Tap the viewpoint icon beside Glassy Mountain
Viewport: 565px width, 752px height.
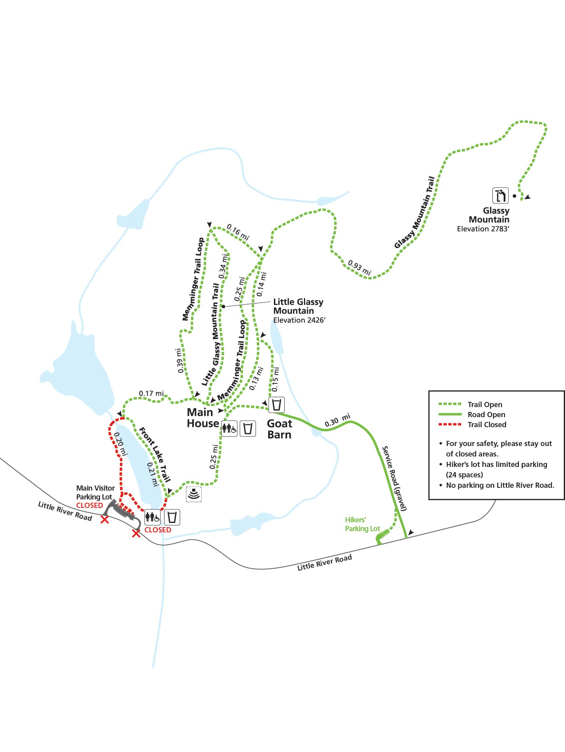click(x=500, y=196)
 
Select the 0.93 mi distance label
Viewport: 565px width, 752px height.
click(x=359, y=267)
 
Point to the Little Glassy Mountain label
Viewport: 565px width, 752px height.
click(x=298, y=306)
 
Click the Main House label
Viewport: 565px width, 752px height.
click(x=202, y=418)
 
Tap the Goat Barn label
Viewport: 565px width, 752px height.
click(x=279, y=429)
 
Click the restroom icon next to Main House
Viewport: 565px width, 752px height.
click(x=229, y=428)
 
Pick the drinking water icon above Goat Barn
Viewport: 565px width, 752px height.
click(x=276, y=405)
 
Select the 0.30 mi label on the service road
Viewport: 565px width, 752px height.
click(x=337, y=420)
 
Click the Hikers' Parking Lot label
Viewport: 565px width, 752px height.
click(x=362, y=524)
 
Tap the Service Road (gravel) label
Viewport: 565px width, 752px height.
click(x=394, y=478)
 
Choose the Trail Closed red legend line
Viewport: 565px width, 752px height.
click(x=450, y=424)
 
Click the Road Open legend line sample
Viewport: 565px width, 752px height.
click(x=450, y=414)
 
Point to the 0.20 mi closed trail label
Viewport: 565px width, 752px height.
click(x=120, y=444)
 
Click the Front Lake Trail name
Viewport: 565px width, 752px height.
click(x=155, y=454)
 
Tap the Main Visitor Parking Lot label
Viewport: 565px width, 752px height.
click(x=95, y=492)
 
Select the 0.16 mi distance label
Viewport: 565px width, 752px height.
click(x=238, y=232)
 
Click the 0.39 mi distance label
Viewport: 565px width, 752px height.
click(x=180, y=360)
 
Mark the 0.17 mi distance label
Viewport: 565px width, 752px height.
click(x=151, y=393)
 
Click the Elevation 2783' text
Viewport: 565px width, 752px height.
click(x=483, y=229)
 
